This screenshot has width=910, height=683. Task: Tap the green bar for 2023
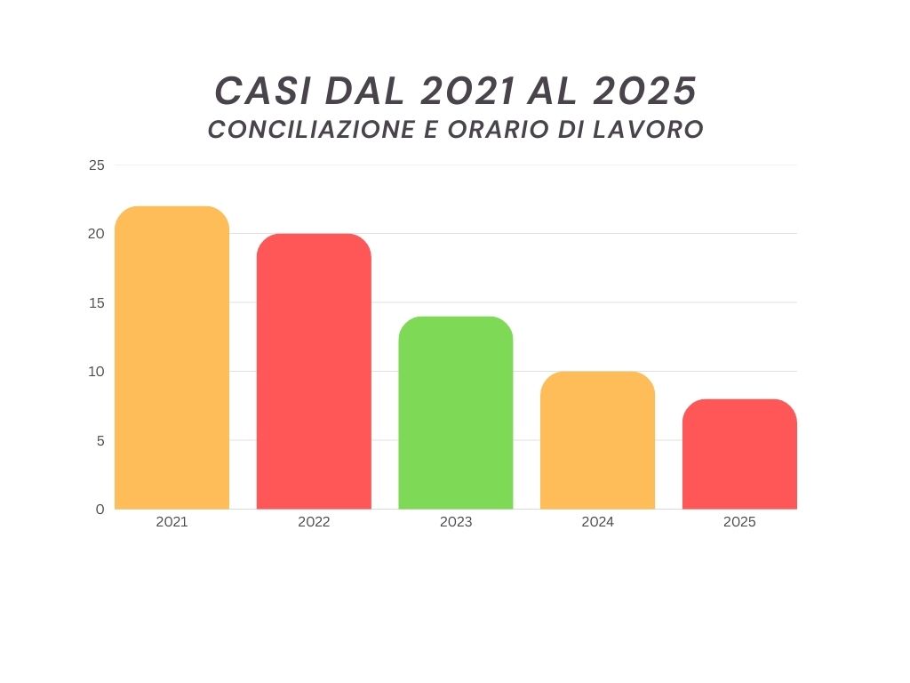tap(456, 413)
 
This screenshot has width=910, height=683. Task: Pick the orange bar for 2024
tap(597, 440)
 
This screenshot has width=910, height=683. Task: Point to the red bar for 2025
tap(739, 454)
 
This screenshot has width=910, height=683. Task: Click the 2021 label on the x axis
tap(172, 522)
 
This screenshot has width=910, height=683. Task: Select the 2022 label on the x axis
tap(314, 522)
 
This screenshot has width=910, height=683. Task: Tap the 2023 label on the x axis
tap(456, 522)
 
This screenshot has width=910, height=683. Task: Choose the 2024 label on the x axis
tap(597, 522)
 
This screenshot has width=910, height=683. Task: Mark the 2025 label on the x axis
tap(739, 522)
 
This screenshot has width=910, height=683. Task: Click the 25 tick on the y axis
tap(96, 165)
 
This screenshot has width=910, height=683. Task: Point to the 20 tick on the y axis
tap(96, 234)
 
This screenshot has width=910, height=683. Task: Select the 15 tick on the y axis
tap(96, 303)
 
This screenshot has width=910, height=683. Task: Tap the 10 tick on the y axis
tap(96, 372)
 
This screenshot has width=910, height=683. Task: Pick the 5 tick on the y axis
tap(100, 440)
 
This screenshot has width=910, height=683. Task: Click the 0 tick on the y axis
tap(100, 510)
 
